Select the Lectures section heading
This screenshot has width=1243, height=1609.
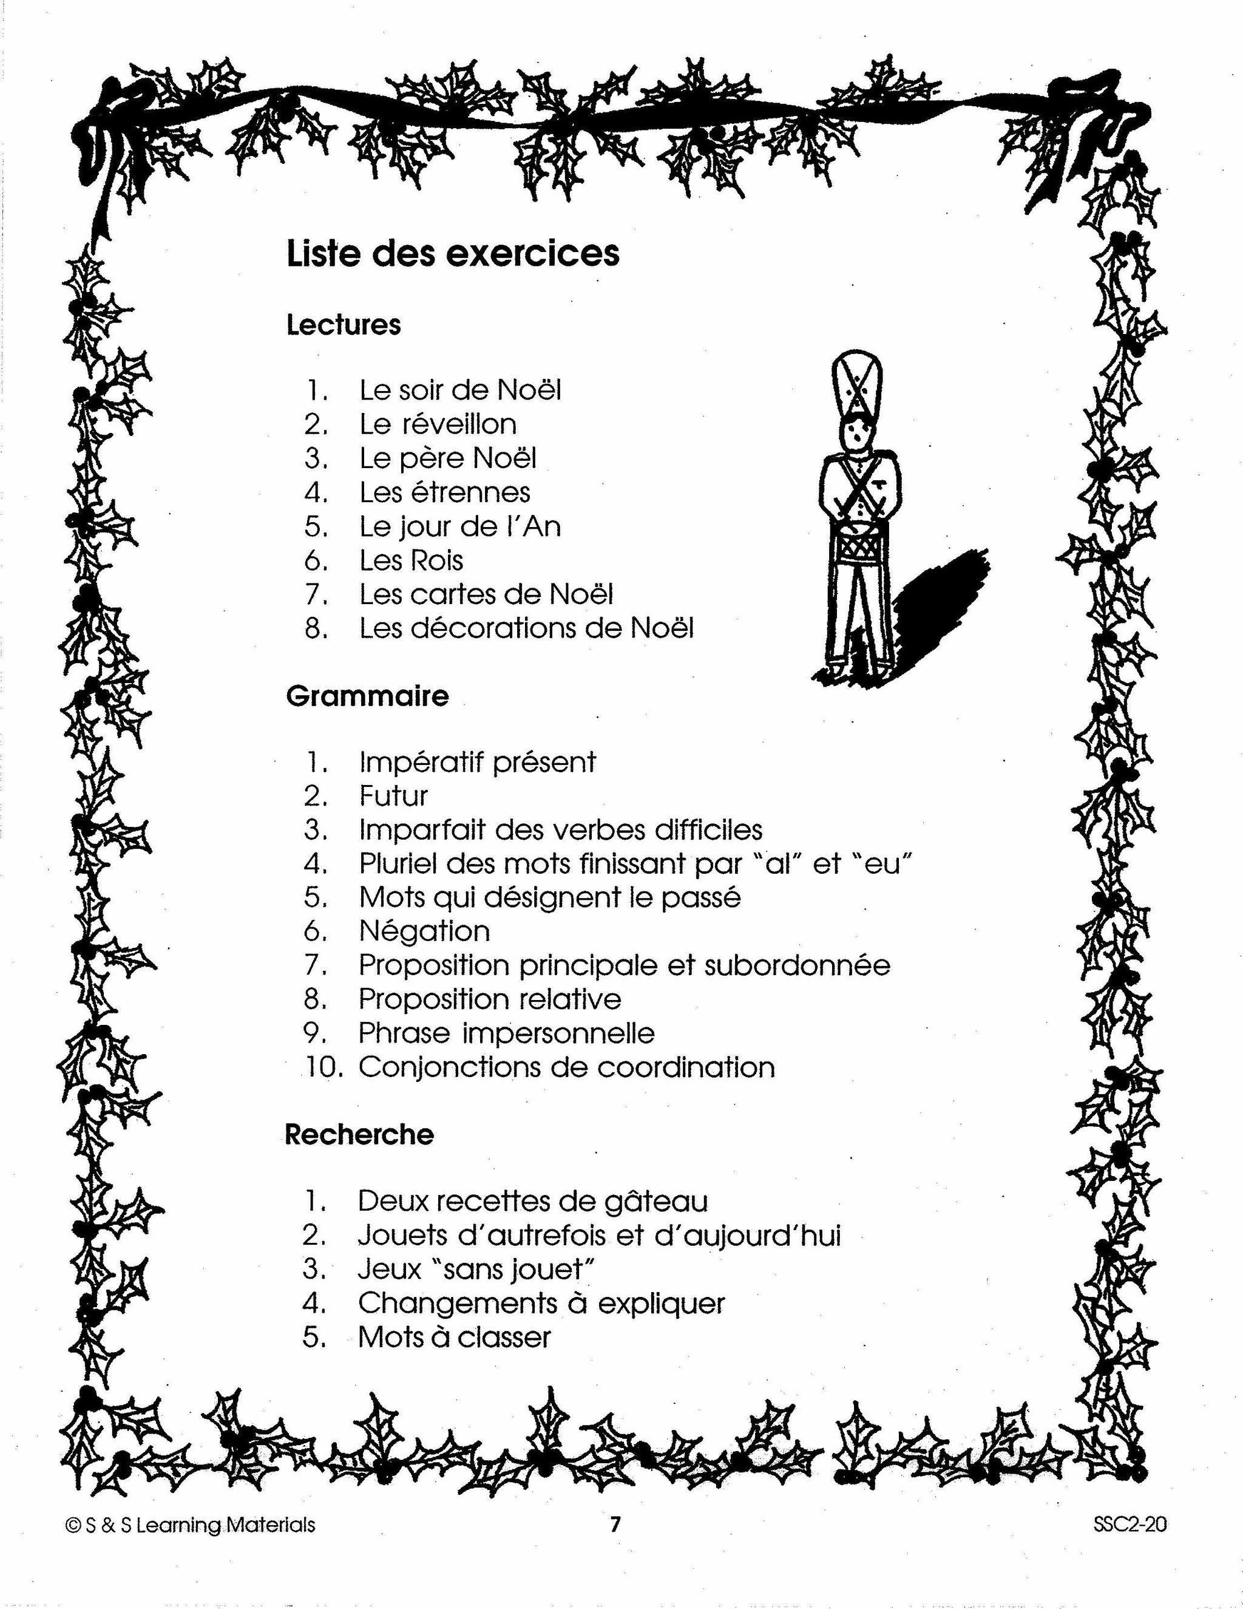pos(343,325)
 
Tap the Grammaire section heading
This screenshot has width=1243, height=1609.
pos(367,696)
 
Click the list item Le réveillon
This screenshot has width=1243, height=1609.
pos(438,424)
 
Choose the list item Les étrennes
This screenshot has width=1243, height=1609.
pos(444,492)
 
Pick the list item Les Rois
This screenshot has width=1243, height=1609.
pos(411,560)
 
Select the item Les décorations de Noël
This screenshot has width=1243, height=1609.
pos(526,628)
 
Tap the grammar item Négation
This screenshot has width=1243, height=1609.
pos(424,932)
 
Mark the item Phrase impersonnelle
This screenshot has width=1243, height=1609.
pos(506,1033)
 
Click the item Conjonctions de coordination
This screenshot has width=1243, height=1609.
pos(566,1067)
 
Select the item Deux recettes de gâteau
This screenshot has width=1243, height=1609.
pos(532,1202)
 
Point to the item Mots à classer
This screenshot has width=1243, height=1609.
pos(453,1337)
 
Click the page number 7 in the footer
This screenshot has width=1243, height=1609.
pos(615,1523)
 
